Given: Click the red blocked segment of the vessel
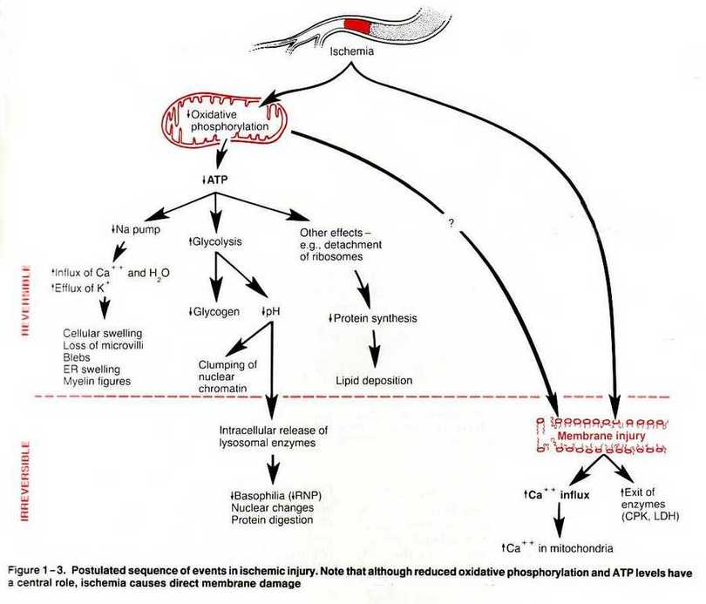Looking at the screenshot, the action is [x=357, y=26].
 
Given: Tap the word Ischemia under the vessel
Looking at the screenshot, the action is [x=351, y=51].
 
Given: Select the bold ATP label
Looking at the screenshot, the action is [x=215, y=180].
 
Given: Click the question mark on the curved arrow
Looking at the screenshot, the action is [x=451, y=223].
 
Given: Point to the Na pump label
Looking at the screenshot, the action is [x=135, y=229].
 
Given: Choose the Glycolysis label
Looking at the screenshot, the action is [x=215, y=241].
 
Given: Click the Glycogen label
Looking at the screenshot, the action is [x=214, y=312].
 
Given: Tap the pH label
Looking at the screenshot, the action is [x=270, y=311].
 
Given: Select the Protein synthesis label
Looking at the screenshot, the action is [x=373, y=318].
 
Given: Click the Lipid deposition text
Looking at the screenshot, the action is [x=374, y=380].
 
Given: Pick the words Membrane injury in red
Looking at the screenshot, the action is [x=601, y=436].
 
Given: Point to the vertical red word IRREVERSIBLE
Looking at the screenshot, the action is [x=25, y=481].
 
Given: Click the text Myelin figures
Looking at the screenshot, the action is [x=97, y=381].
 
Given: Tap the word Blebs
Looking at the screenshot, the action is [x=77, y=357].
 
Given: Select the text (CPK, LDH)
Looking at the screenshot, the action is [x=650, y=516].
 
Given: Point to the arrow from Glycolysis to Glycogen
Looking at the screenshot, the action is [x=215, y=277].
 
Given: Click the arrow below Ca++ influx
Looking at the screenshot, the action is [x=559, y=519].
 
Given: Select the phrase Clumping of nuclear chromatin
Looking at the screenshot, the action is [x=227, y=377].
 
